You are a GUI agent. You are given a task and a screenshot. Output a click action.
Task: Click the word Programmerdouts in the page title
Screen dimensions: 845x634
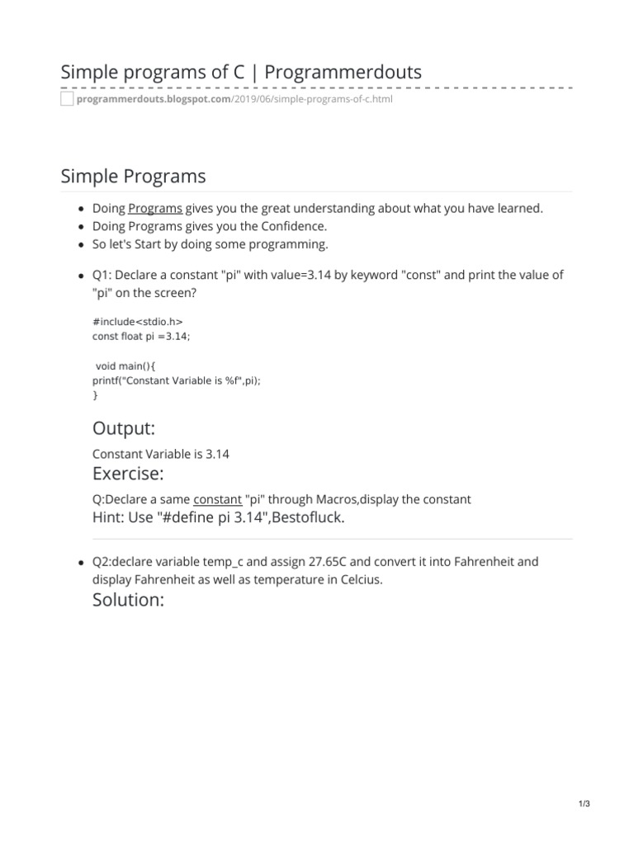[343, 72]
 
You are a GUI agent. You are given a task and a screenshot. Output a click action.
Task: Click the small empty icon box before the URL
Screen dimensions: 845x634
[67, 100]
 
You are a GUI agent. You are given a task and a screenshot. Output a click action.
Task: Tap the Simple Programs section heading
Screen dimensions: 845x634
[133, 176]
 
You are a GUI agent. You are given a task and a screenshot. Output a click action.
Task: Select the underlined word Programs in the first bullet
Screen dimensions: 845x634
[155, 208]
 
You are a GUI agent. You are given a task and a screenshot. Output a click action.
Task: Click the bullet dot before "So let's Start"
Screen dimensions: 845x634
[79, 245]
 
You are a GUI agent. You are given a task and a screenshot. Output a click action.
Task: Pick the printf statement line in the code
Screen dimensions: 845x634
[182, 381]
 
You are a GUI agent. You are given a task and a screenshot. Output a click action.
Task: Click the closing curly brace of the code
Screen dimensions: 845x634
[95, 396]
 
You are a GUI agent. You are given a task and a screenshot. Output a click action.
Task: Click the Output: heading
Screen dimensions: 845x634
[124, 428]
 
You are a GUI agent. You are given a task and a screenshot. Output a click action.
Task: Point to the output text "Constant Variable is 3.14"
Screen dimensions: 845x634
[161, 455]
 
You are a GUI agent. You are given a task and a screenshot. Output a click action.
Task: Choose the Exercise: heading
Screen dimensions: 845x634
[128, 474]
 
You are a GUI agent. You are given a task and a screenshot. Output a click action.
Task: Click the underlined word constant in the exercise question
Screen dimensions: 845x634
[217, 499]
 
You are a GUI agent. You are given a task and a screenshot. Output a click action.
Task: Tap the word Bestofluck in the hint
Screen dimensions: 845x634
[311, 517]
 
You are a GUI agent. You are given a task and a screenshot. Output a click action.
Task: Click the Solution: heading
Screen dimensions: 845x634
[129, 600]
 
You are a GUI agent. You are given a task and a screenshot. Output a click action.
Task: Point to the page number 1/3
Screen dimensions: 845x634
[584, 805]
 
